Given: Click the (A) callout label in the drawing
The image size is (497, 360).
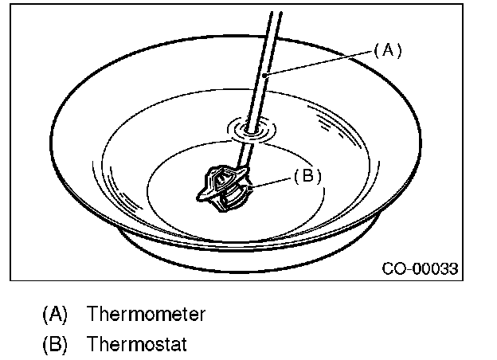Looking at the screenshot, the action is point(388,50).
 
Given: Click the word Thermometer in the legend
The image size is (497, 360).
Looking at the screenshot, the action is point(146,314).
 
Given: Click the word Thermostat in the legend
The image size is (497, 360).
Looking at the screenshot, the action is point(137,346).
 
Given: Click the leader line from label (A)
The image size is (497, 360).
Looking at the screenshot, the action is point(319,61).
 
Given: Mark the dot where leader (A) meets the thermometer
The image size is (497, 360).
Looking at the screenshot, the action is point(265,73).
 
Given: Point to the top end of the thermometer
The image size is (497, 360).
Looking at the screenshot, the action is point(276,13).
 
